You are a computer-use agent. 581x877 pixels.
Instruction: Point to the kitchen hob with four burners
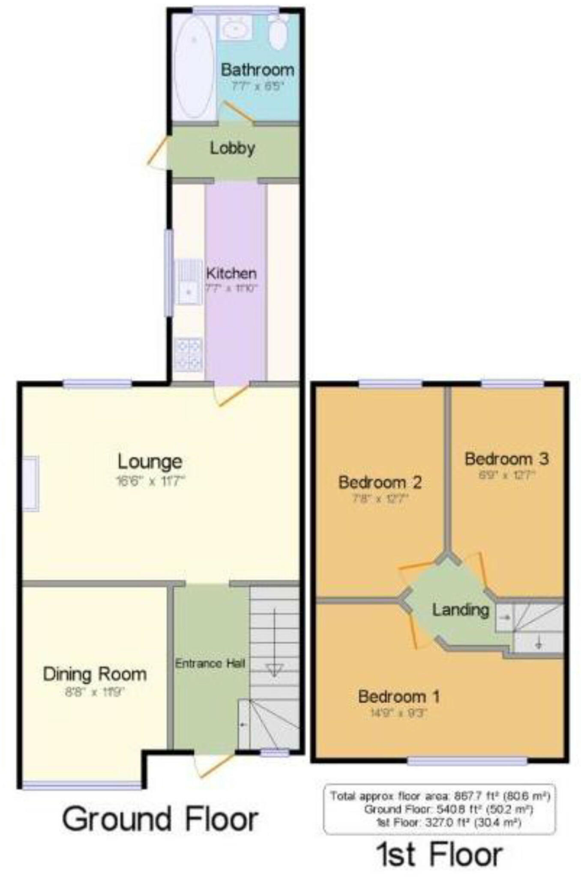189,355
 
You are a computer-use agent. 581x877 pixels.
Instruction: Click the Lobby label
233,149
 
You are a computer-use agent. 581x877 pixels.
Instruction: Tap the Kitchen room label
231,273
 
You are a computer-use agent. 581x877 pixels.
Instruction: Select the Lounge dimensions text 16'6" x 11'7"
150,481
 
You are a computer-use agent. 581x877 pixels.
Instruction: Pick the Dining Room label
95,674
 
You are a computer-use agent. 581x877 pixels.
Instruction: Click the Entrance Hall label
210,664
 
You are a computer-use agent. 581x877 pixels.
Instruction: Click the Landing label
460,610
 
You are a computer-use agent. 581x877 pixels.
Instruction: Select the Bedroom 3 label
506,459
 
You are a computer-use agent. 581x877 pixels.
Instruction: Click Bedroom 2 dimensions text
380,498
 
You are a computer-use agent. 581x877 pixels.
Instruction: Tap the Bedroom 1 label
398,697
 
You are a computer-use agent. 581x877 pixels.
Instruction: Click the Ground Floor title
160,819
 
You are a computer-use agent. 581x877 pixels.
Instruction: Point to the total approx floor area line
440,796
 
